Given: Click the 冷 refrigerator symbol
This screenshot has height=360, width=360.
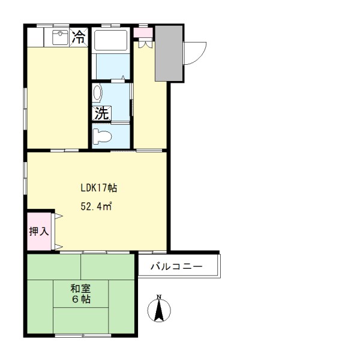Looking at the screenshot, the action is coord(79,37).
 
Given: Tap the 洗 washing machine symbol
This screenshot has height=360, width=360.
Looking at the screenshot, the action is coord(102,113).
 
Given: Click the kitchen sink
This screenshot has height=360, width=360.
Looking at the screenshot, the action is coord(60,37).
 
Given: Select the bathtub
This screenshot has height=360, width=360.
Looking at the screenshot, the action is coord(110,40).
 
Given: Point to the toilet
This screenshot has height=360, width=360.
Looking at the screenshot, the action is coord(102,136).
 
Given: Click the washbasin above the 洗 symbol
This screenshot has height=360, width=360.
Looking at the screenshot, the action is coord(97,93).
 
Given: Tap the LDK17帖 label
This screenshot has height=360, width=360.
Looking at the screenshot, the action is coord(99,188).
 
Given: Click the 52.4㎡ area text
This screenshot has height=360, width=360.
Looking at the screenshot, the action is coord(96,206).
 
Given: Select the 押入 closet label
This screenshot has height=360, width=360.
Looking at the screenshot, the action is coord(39,231).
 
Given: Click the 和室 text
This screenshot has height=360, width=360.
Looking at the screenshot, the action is coord(80,289).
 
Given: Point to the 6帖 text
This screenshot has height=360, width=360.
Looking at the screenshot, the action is coord(81,299).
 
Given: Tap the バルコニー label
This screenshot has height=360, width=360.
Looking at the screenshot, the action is coord(176,266).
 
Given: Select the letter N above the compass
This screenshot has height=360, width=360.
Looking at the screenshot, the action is coord(159,296).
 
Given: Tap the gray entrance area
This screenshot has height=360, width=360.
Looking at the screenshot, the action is coord(169,53).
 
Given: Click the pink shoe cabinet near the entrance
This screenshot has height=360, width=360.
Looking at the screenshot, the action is coord(143,32).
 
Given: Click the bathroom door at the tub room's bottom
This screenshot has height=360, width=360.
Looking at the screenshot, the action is coord(118,80).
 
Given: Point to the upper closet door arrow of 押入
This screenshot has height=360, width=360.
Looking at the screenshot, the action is coord(58,216).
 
